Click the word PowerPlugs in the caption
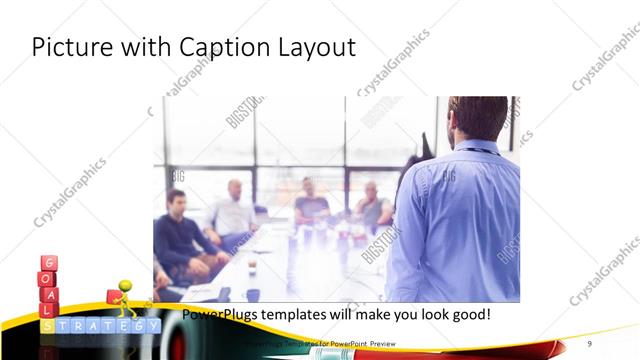220,314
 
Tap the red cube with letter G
48,264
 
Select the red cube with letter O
48,280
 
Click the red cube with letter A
48,296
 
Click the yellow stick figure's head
126,286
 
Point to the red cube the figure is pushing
113,298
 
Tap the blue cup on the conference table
253,295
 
